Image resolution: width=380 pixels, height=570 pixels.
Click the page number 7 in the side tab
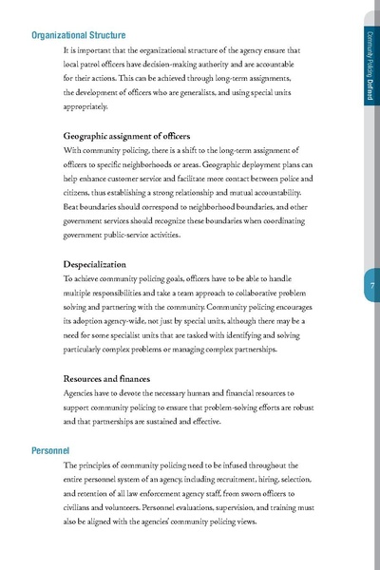370,288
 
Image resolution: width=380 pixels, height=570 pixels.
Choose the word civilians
83,508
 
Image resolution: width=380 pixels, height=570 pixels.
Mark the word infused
233,465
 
